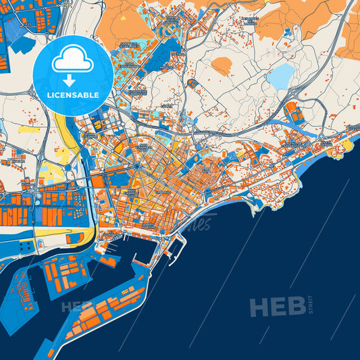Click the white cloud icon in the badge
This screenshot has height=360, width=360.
click(x=72, y=60)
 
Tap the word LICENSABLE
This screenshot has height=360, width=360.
click(x=72, y=95)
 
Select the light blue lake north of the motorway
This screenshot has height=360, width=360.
click(x=280, y=76)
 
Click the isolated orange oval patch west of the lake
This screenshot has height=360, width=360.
click(x=222, y=66)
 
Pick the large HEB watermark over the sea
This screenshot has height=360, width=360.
click(x=277, y=307)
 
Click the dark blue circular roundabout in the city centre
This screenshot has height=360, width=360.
click(x=136, y=165)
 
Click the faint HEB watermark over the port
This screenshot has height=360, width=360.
click(x=76, y=307)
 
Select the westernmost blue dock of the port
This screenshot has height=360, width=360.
click(x=20, y=297)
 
